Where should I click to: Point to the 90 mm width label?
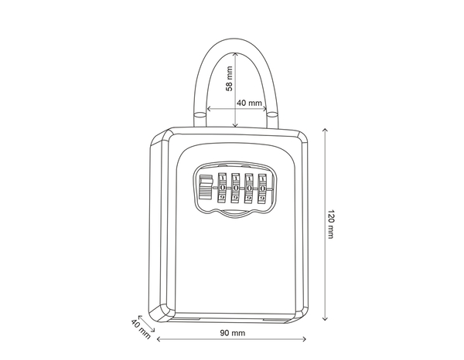[x=232, y=333]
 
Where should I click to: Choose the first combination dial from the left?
[x=223, y=188]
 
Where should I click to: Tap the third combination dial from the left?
[x=249, y=188]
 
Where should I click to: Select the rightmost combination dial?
[x=263, y=188]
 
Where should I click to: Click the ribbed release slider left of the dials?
[x=205, y=188]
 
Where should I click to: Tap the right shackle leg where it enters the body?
[x=272, y=119]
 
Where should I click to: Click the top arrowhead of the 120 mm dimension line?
[x=323, y=129]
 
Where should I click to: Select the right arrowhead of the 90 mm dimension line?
[x=304, y=338]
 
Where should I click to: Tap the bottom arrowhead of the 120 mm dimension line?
[x=323, y=320]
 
